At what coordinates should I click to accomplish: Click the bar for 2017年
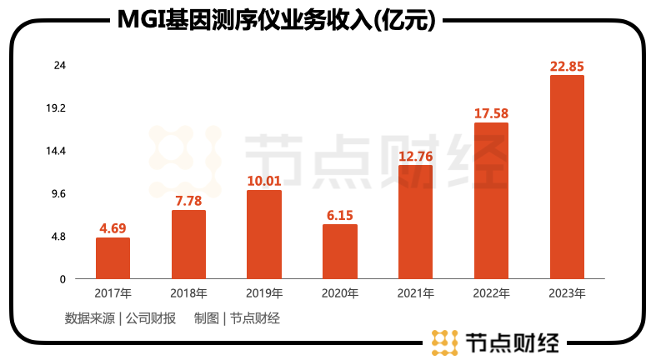pos(113,258)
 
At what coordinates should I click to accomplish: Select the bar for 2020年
pos(340,252)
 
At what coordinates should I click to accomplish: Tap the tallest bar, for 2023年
pos(567,177)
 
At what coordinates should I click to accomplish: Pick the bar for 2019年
pos(264,235)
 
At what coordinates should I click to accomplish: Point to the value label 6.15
pos(340,215)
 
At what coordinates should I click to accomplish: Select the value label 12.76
pos(415,155)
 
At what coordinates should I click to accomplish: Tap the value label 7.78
pos(188,200)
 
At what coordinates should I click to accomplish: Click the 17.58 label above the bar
pos(491,113)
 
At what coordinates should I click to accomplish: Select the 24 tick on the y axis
pos(59,65)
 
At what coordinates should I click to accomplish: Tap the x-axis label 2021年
pos(415,293)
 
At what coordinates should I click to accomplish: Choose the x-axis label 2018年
pos(188,293)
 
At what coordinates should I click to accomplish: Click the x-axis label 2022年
pos(491,293)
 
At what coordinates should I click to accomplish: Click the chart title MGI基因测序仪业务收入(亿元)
pos(274,20)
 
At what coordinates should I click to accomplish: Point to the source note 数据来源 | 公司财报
pos(120,317)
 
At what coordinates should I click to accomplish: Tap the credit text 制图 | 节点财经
pos(237,317)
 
